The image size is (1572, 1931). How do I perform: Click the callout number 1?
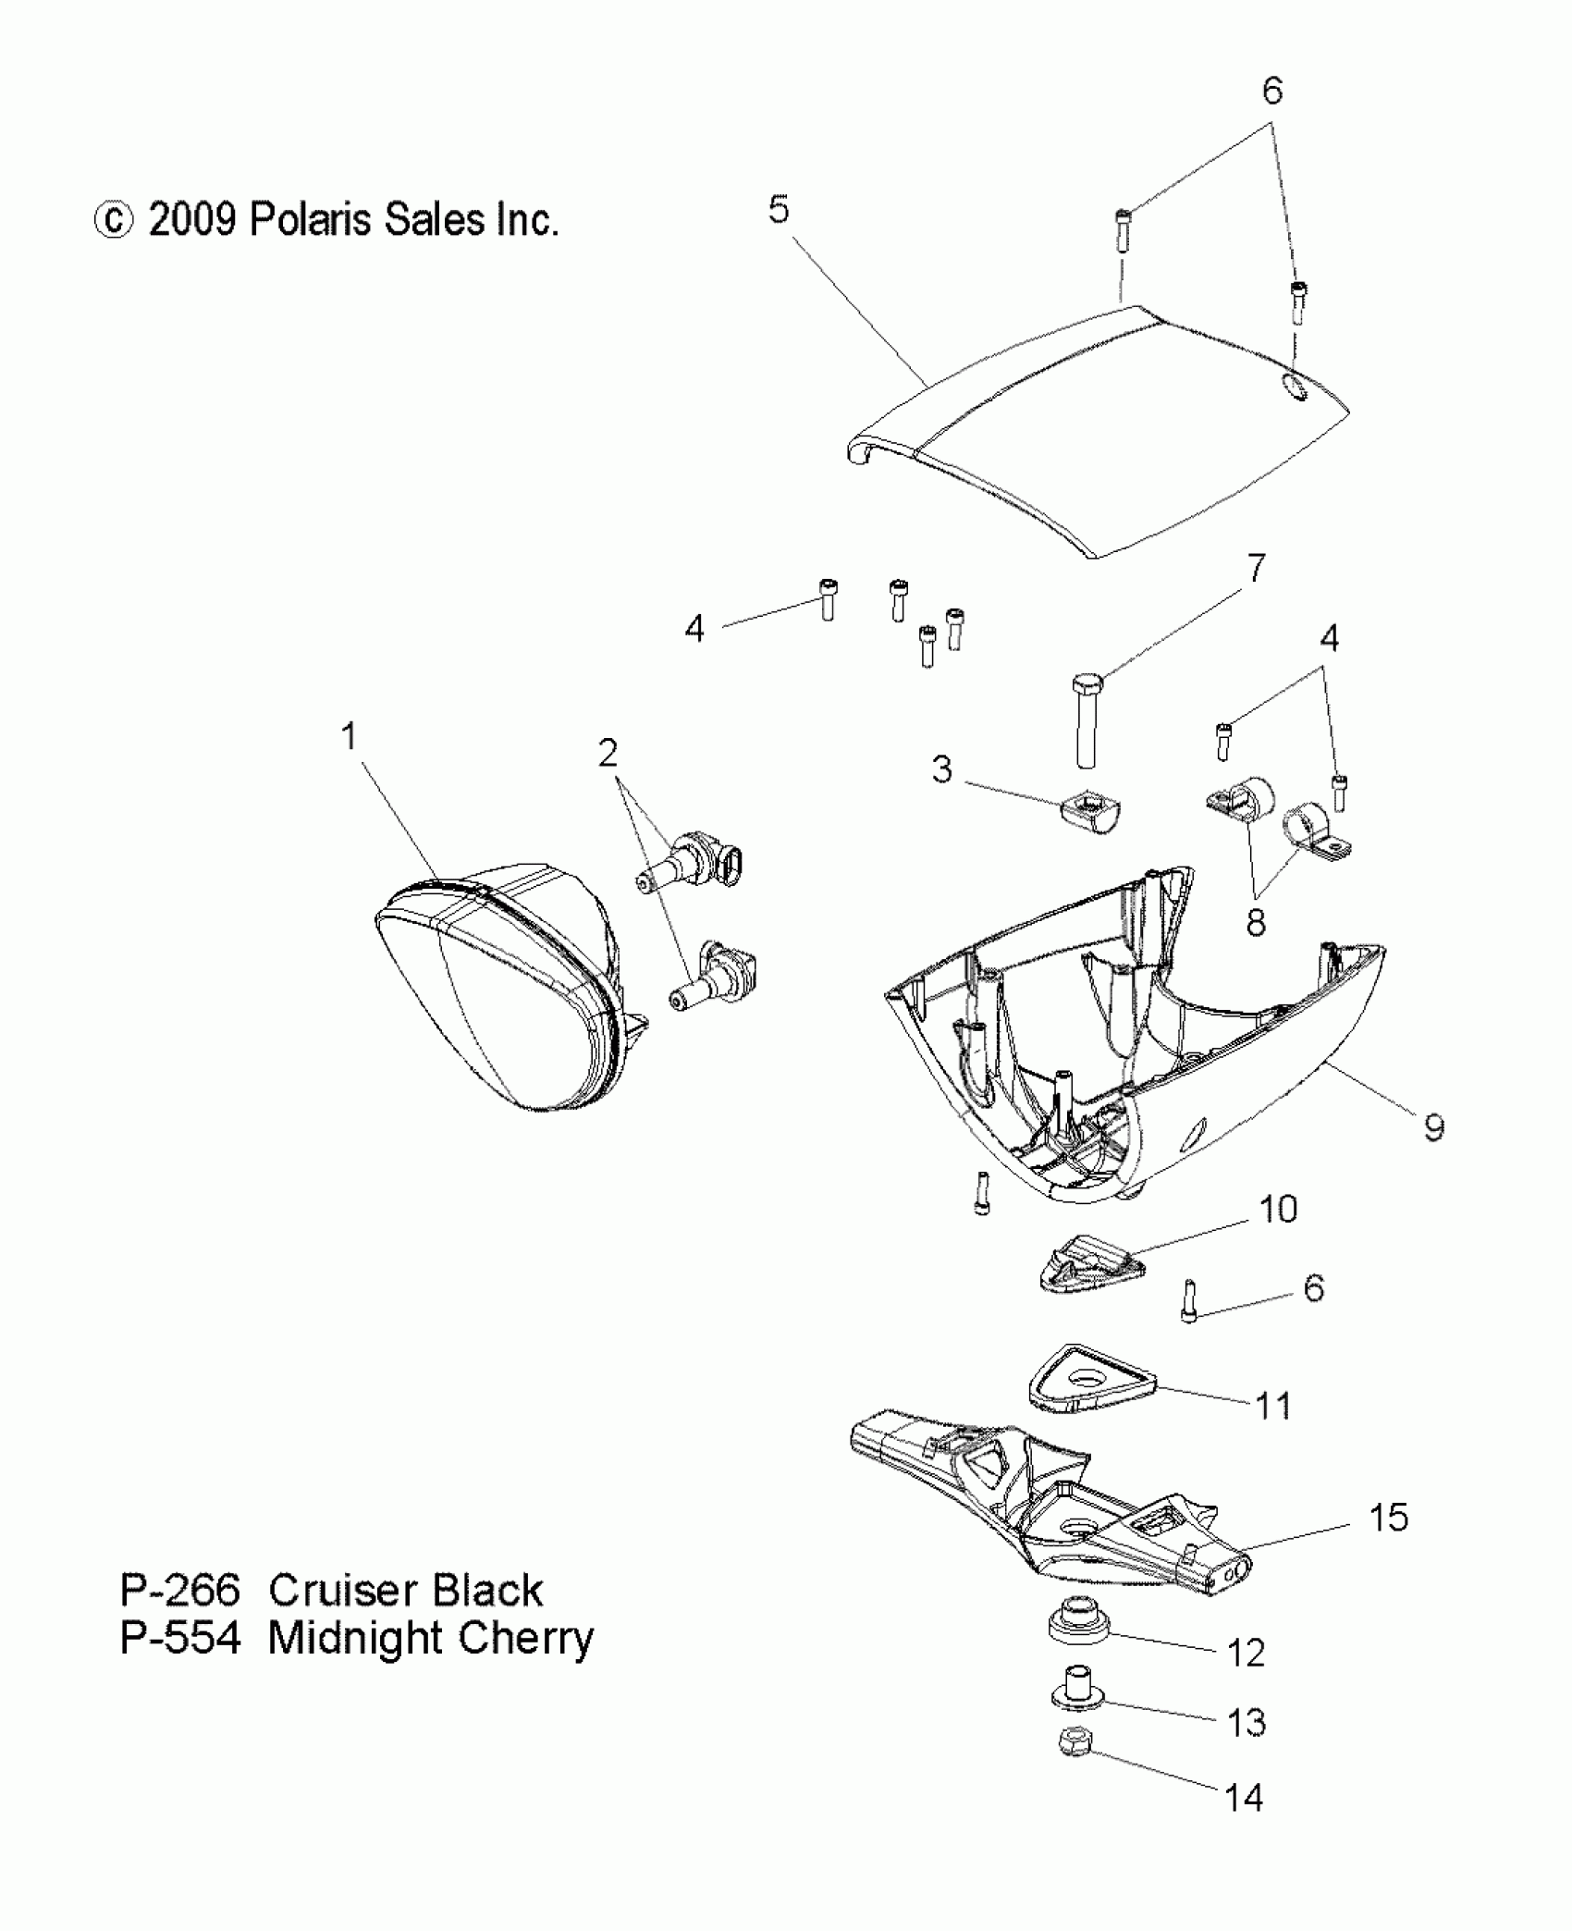(x=349, y=737)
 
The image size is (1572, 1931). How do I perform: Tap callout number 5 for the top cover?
(x=779, y=210)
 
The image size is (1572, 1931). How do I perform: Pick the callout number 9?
(x=1433, y=1127)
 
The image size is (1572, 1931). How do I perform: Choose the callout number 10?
(x=1279, y=1209)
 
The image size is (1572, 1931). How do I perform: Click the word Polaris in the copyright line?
(x=313, y=220)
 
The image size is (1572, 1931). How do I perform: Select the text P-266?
(x=180, y=1591)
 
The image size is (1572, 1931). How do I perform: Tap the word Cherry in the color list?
(x=526, y=1639)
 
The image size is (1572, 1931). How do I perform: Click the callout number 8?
(x=1255, y=922)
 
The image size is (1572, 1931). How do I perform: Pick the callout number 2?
(x=608, y=754)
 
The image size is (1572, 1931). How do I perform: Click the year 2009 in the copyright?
(x=191, y=220)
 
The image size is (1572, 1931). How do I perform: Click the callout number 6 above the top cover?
(x=1272, y=91)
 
